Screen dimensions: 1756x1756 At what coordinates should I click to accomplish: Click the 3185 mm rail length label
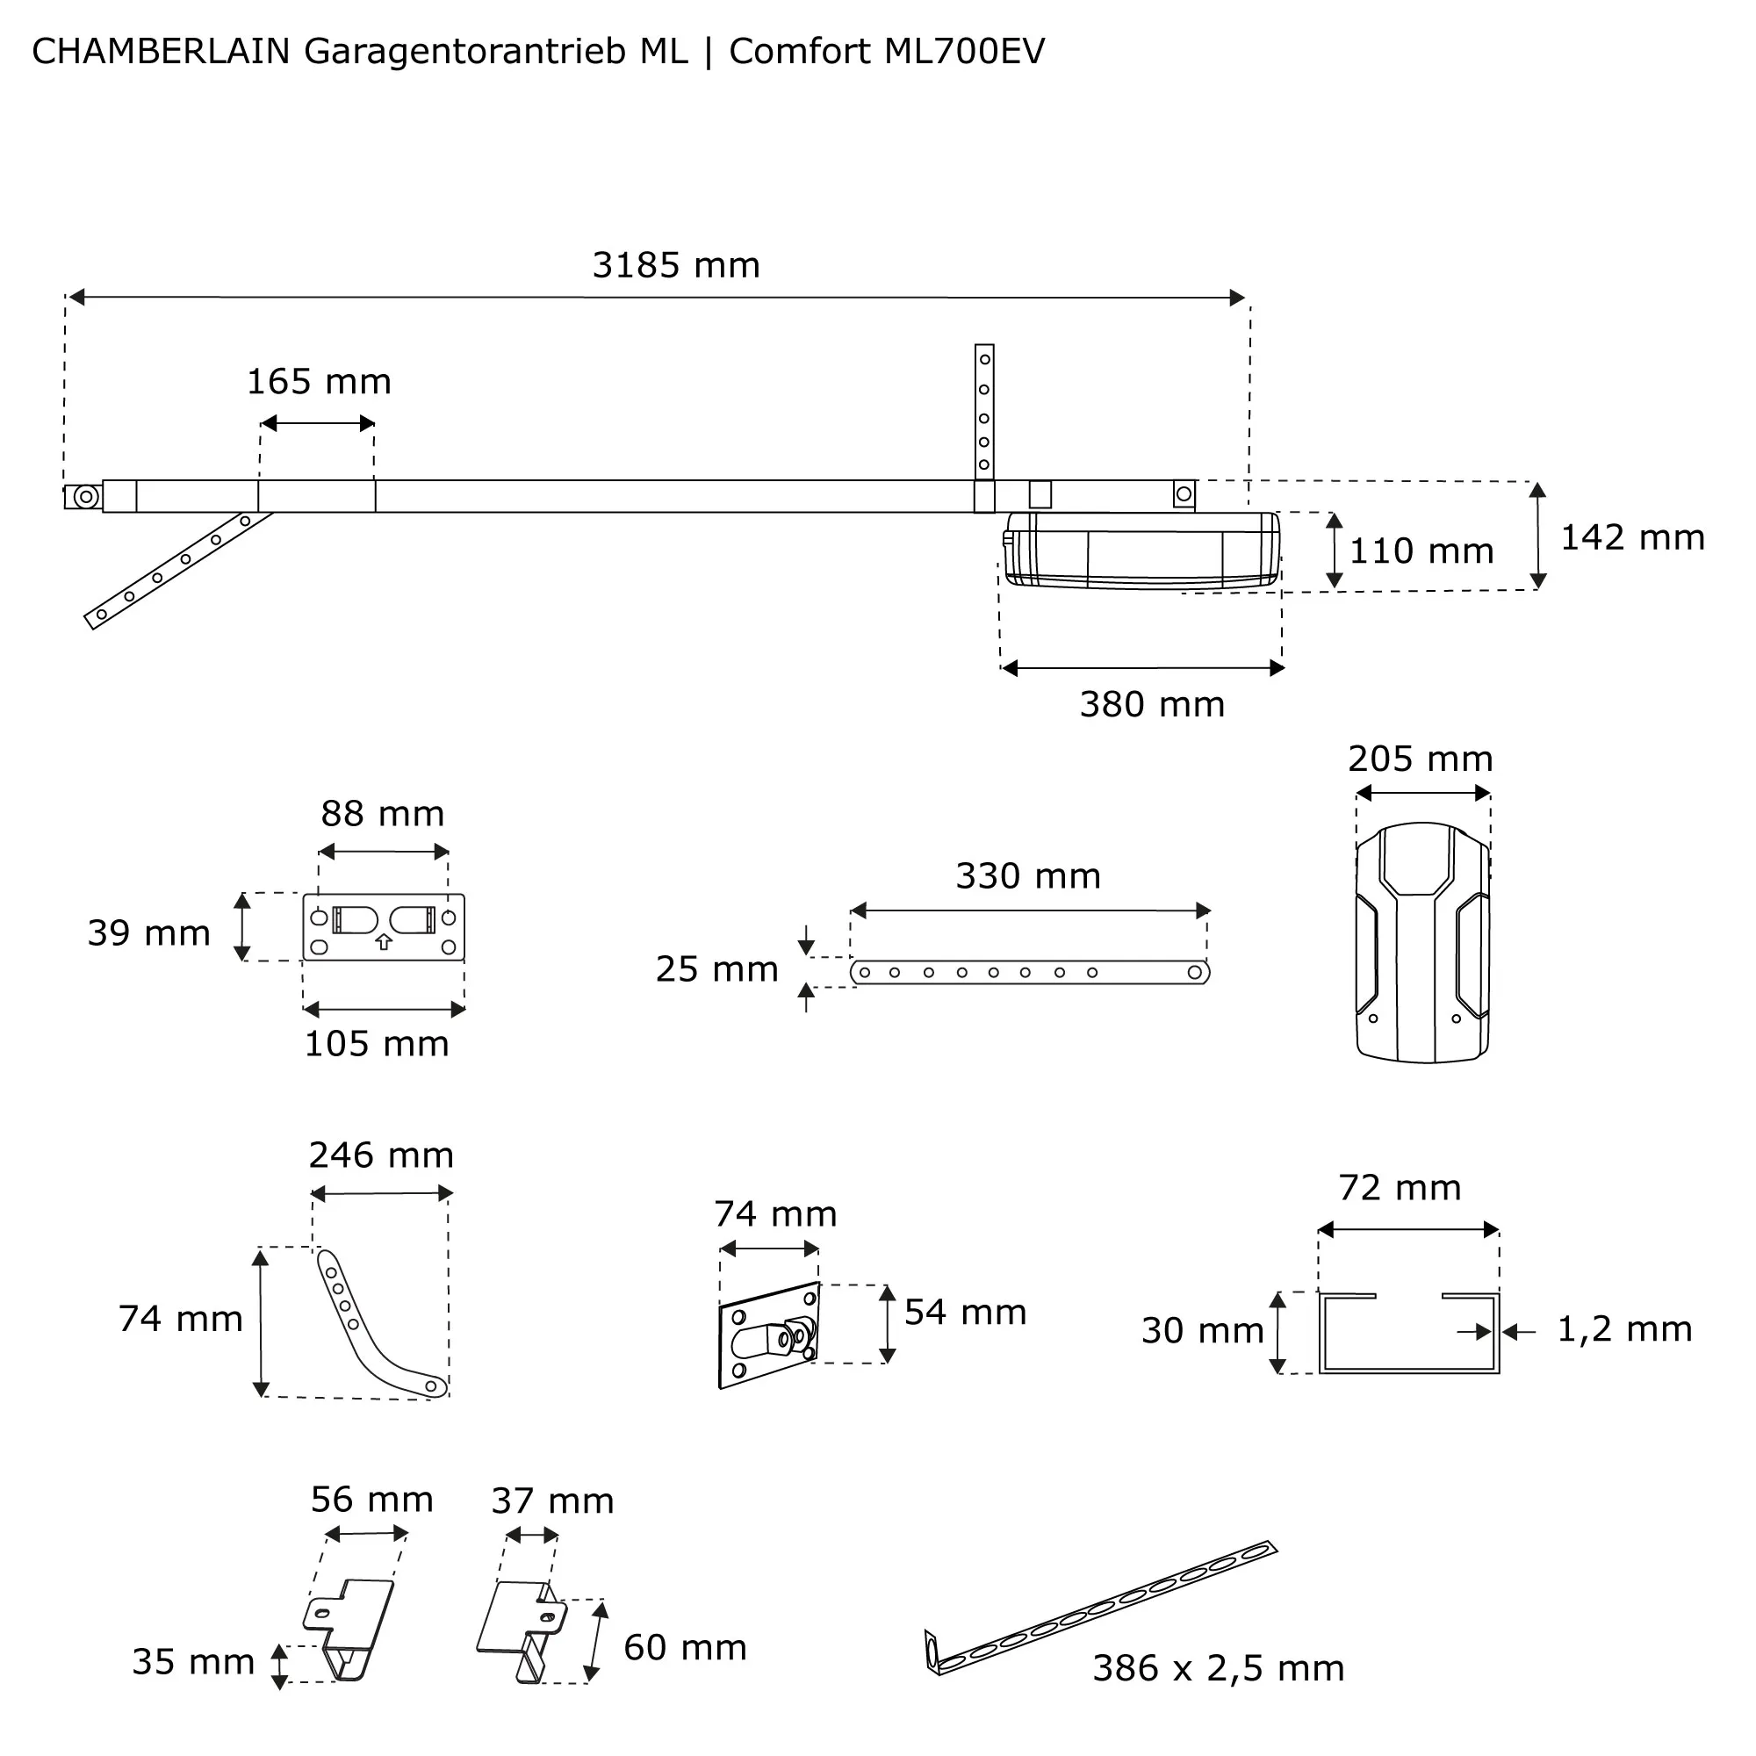675,265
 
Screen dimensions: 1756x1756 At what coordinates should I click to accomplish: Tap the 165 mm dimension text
319,382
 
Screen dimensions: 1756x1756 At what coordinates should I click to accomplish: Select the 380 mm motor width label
1152,704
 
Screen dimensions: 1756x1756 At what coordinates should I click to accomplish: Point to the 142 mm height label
1631,537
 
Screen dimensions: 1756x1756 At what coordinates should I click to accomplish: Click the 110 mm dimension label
1421,551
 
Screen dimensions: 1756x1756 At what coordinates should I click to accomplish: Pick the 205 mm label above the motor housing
1420,759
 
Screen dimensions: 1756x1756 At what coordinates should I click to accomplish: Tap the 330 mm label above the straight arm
1028,876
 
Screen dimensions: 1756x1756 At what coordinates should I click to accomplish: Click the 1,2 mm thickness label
1624,1328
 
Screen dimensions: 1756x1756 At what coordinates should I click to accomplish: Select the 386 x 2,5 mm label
1218,1668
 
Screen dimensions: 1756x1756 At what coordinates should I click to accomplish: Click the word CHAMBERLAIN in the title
161,52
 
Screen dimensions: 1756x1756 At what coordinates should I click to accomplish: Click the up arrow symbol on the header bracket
384,942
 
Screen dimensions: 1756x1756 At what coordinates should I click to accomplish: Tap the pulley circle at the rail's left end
86,497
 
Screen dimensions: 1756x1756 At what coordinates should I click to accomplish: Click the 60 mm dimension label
685,1647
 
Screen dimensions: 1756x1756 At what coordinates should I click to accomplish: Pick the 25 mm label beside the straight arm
717,969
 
